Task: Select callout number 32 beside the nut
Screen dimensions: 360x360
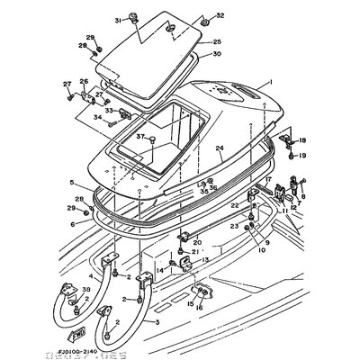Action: (x=197, y=16)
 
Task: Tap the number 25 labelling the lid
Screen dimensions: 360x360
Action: (x=217, y=41)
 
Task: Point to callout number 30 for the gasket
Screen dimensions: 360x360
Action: (x=217, y=54)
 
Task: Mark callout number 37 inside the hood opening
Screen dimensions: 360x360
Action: (x=140, y=137)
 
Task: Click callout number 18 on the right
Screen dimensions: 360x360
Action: (x=303, y=140)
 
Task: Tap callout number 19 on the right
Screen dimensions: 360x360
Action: (x=303, y=156)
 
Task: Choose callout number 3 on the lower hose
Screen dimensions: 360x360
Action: (x=158, y=320)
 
